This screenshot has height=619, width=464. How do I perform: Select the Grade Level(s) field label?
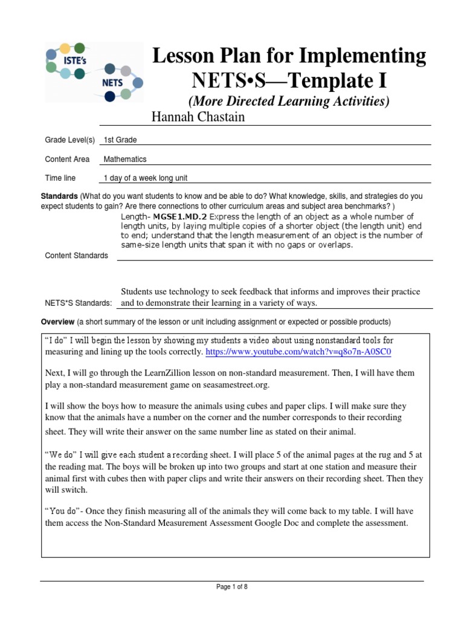70,140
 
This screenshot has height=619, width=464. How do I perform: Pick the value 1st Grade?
120,140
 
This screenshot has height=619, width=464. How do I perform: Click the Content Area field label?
67,160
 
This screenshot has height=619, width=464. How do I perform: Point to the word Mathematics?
125,160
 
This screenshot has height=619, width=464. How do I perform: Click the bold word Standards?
59,196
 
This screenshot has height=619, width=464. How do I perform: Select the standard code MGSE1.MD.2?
180,216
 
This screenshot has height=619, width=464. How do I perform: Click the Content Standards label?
77,256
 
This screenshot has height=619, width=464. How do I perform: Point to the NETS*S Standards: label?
79,303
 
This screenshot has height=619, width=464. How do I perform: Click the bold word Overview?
57,321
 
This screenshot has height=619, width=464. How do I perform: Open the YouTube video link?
303,351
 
